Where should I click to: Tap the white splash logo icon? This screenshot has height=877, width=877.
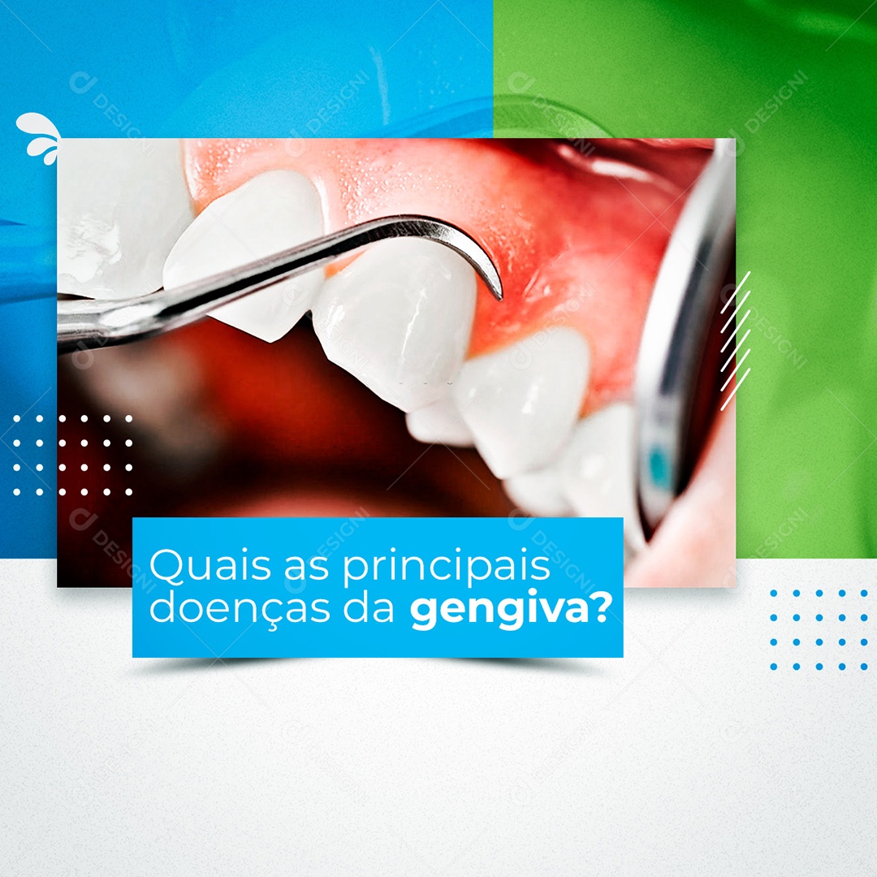pyautogui.click(x=40, y=136)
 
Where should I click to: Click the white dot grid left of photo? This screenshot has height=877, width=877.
pyautogui.click(x=72, y=455)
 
